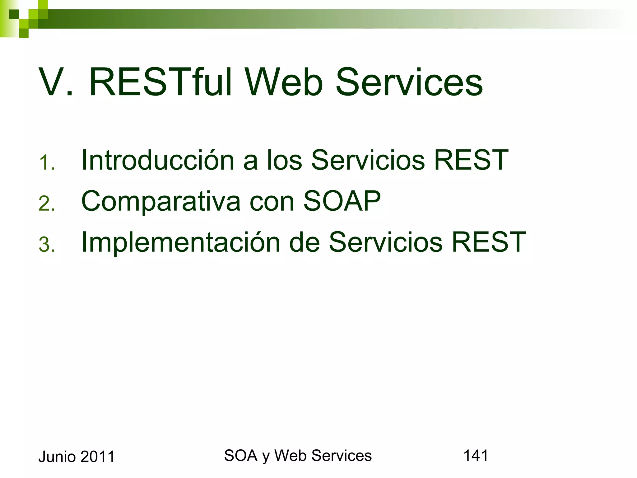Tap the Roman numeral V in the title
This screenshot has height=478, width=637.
coord(51,82)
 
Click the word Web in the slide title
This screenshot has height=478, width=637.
coord(284,82)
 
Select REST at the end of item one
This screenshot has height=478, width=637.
coord(471,160)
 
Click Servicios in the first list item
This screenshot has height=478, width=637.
coord(368,160)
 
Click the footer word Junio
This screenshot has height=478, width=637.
coord(57,457)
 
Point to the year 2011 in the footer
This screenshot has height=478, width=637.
coord(98,457)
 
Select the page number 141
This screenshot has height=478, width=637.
coord(476,456)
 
